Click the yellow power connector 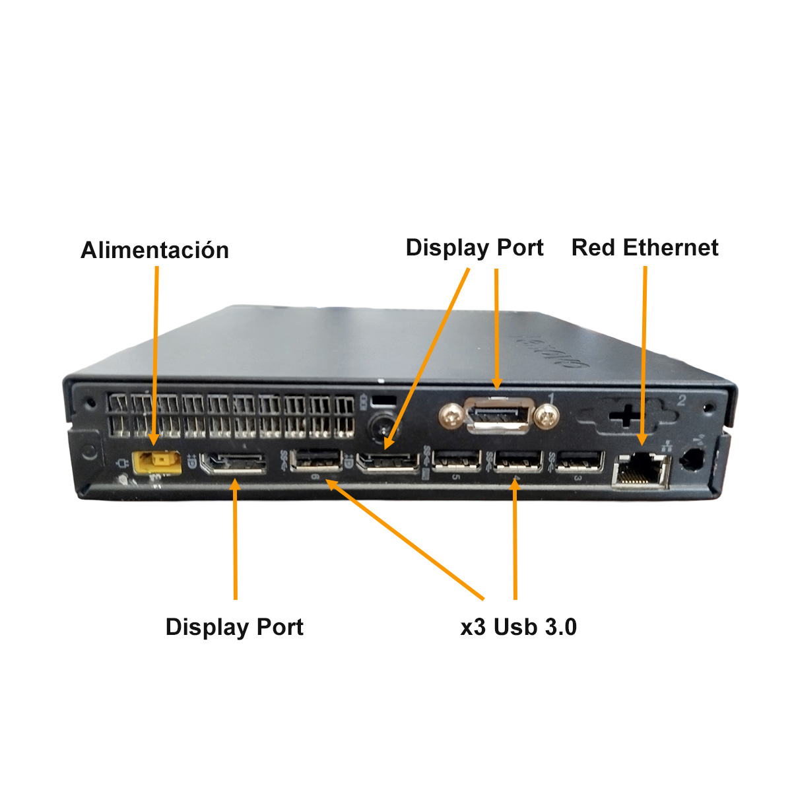(156, 462)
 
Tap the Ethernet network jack (640, 471)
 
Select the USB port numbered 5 (456, 461)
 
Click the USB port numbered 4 (518, 461)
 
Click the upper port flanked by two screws (498, 414)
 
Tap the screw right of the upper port (548, 415)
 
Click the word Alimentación (154, 250)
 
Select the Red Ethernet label (645, 247)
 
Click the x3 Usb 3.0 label (519, 626)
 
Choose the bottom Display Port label (234, 626)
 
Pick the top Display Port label (475, 247)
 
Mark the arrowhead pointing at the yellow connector (154, 438)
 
